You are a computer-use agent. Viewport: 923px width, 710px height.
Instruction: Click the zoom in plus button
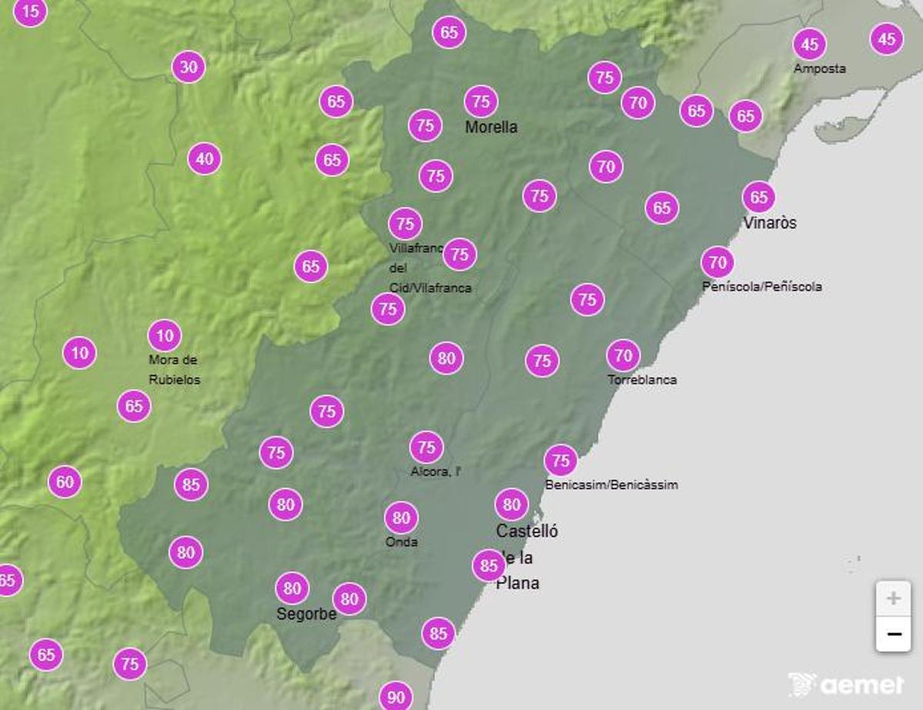click(x=893, y=598)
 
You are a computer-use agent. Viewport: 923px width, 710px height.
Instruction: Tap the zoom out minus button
click(x=893, y=634)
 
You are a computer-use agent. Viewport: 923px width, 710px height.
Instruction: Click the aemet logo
click(x=845, y=684)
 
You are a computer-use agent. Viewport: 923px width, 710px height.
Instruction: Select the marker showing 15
click(x=31, y=12)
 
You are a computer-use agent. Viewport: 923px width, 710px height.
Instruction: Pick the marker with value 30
click(x=188, y=68)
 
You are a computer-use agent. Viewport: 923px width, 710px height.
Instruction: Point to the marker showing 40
click(x=204, y=160)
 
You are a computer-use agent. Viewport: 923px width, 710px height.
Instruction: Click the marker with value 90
click(x=396, y=697)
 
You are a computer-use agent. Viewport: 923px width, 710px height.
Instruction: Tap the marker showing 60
click(x=65, y=482)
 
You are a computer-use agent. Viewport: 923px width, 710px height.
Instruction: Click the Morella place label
click(x=491, y=128)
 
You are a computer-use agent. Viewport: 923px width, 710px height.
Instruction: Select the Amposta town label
click(x=819, y=68)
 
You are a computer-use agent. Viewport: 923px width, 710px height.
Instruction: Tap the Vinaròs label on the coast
click(x=770, y=223)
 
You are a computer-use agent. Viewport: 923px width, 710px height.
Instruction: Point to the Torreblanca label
click(x=642, y=380)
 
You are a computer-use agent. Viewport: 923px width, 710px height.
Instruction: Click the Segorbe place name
click(x=306, y=614)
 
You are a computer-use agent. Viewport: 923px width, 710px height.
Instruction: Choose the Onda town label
click(x=402, y=542)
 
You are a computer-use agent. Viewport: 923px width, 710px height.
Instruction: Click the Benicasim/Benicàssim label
click(x=611, y=485)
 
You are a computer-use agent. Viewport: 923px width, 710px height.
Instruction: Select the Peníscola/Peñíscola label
click(x=761, y=287)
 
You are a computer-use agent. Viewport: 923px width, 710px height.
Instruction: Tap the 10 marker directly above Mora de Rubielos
click(x=165, y=335)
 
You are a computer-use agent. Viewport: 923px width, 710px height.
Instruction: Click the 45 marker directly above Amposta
click(x=809, y=45)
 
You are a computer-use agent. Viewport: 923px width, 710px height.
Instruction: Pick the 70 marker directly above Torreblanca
click(x=623, y=355)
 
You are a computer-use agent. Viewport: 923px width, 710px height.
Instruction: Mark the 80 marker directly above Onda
click(x=401, y=518)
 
